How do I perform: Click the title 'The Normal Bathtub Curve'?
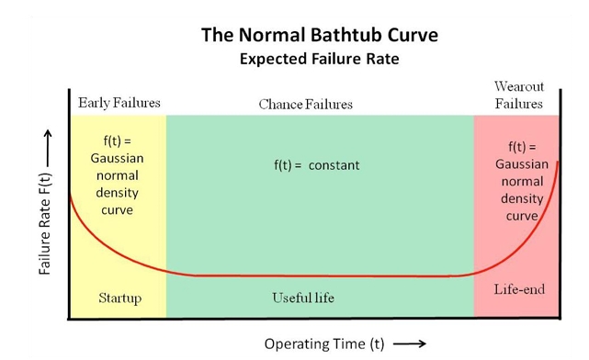[x=319, y=37]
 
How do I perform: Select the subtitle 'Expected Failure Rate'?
[x=319, y=60]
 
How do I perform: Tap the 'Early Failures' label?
[x=119, y=103]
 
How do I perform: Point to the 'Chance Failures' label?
[x=305, y=105]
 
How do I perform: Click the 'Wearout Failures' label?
[x=519, y=96]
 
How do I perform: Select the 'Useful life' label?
[x=303, y=298]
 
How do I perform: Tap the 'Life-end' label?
[x=519, y=289]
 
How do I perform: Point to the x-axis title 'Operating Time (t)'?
[x=324, y=344]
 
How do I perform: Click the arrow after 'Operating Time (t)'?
[x=409, y=344]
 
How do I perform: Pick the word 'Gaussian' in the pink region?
[x=521, y=164]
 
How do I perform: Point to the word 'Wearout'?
[x=519, y=87]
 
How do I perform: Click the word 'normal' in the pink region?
[x=521, y=182]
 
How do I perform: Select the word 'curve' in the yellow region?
[x=119, y=210]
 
